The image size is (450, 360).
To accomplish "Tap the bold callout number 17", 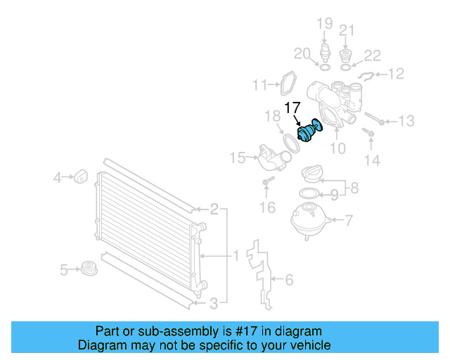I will click(x=292, y=108).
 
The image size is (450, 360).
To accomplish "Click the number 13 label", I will click(x=406, y=122).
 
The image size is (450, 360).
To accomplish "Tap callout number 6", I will click(x=288, y=280).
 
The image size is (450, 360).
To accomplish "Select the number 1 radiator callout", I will click(x=237, y=255).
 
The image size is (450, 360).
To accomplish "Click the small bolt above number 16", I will click(x=266, y=184).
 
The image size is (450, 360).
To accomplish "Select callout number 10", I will click(x=338, y=148).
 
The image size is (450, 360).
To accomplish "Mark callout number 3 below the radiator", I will click(x=214, y=304).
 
